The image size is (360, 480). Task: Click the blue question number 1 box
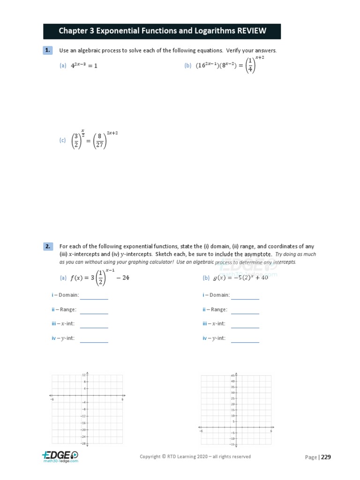point(47,50)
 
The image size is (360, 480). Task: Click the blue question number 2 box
point(47,246)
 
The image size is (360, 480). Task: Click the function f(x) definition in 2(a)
point(99,277)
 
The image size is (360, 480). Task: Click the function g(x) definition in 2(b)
point(240,277)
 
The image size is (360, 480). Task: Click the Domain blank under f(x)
point(94,295)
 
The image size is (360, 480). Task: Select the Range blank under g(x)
point(245,310)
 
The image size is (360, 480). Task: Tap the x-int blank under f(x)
point(94,324)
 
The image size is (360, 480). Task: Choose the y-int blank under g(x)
point(245,338)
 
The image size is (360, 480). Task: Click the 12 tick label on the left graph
point(84,375)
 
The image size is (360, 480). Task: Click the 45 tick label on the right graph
point(232,376)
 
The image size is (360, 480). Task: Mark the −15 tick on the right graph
point(232,444)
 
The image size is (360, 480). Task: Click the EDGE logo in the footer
point(60,456)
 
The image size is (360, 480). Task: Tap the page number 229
point(326,457)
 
